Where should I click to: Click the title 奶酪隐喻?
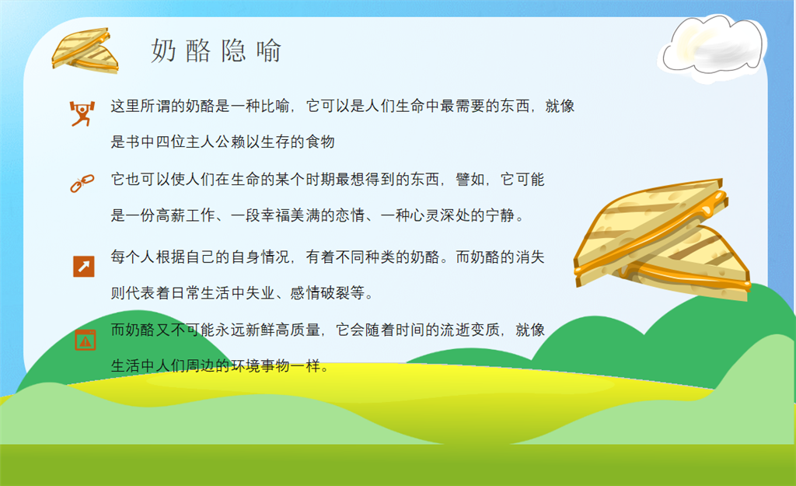[216, 51]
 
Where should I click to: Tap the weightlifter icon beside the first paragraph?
[82, 114]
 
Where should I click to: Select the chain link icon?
[82, 184]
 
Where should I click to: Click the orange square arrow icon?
[84, 266]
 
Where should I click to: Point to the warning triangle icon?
[86, 340]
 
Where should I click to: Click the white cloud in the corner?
[712, 48]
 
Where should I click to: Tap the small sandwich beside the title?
[85, 51]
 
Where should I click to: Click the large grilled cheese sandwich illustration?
[662, 240]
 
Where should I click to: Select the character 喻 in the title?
[268, 51]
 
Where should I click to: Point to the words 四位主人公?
[193, 142]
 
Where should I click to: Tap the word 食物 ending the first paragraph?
[319, 142]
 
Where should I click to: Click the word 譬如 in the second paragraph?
[470, 180]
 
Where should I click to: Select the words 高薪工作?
[185, 215]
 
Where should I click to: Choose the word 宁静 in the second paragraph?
[501, 215]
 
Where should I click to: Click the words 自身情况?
[260, 257]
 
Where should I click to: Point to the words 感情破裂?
[319, 293]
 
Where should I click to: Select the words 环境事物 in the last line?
[260, 365]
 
